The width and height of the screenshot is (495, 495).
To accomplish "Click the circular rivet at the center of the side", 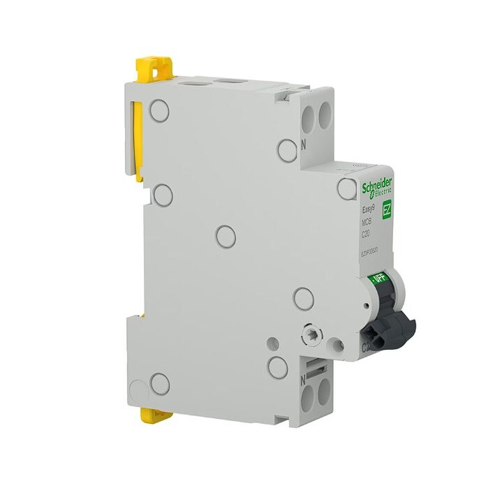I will tap(227, 237).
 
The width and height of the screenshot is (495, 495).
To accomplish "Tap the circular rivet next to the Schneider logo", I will tap(347, 189).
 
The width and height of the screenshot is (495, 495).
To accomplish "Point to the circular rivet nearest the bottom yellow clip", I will tap(161, 382).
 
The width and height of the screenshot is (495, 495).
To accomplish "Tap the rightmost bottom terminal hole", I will tap(323, 395).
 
